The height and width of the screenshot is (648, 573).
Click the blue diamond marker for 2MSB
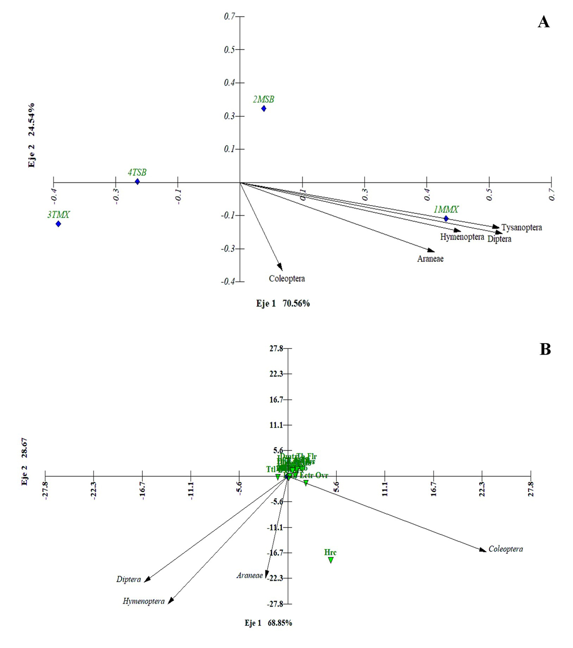(x=264, y=109)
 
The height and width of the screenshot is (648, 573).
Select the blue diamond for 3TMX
(x=58, y=224)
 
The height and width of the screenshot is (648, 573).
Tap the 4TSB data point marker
(x=138, y=181)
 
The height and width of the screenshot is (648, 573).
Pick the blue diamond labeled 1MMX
(x=446, y=219)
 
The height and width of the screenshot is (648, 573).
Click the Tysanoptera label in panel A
(x=521, y=228)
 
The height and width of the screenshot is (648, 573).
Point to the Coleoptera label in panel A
(x=286, y=279)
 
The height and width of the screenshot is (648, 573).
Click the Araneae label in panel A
(x=430, y=259)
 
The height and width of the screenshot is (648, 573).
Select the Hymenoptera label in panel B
(x=143, y=601)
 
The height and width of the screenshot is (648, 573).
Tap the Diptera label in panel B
(x=128, y=579)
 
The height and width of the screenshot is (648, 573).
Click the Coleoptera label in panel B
(x=505, y=549)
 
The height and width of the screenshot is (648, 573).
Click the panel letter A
(x=543, y=22)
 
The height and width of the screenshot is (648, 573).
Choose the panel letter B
(x=545, y=349)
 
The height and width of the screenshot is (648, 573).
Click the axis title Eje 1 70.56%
(x=283, y=303)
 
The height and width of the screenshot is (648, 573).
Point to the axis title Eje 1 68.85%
(x=268, y=623)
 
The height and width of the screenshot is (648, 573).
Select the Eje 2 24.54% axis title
(x=32, y=135)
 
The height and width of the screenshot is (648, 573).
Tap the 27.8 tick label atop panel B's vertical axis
(x=276, y=349)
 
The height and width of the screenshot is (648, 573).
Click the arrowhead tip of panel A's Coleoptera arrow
(x=282, y=270)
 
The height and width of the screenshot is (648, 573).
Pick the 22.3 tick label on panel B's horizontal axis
(x=482, y=489)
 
